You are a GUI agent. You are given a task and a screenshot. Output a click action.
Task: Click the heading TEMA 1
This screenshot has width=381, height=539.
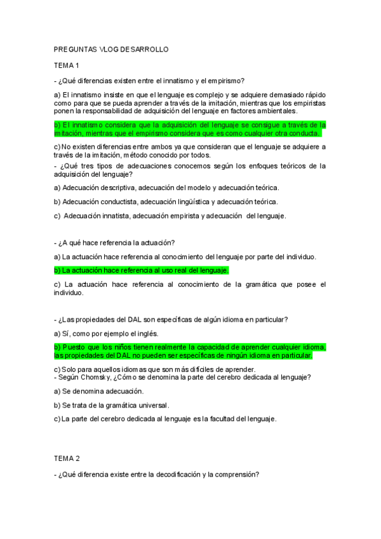[x=67, y=65]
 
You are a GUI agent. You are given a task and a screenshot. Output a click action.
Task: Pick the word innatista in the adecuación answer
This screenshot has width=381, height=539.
[x=121, y=216]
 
